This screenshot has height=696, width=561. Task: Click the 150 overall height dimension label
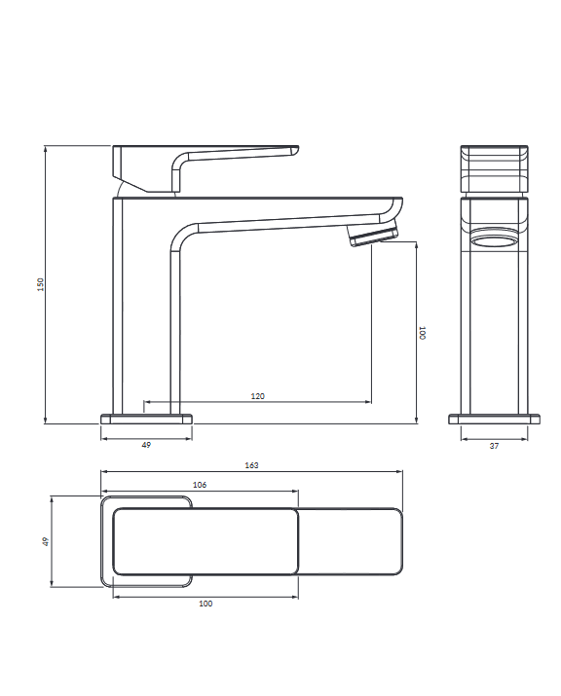click(x=41, y=284)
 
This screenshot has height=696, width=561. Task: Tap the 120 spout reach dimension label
click(x=258, y=396)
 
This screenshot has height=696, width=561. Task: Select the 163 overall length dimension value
click(x=251, y=465)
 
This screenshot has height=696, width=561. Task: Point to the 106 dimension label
click(x=200, y=485)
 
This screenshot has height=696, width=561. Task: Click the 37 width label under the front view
click(x=494, y=446)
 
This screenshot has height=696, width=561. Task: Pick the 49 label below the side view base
click(x=146, y=445)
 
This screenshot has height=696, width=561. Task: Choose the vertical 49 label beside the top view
click(x=46, y=541)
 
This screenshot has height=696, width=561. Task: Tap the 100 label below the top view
click(x=206, y=604)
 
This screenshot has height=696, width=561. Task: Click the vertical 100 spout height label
click(x=423, y=333)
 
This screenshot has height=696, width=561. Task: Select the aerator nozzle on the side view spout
click(x=373, y=235)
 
